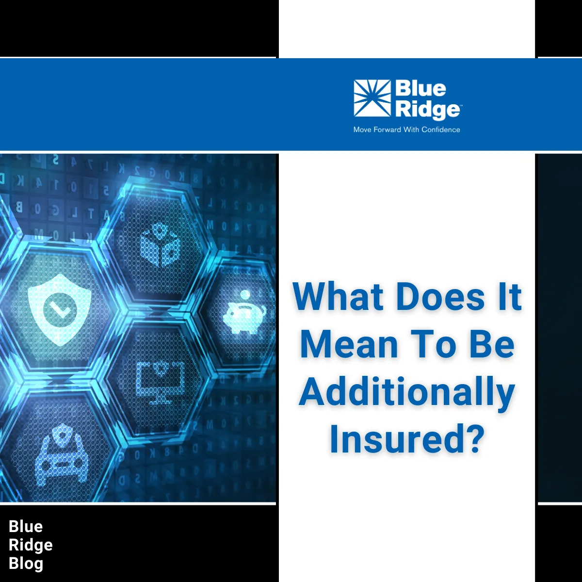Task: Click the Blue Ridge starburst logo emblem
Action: pos(372,98)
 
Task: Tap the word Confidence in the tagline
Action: pos(440,129)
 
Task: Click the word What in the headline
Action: pos(339,297)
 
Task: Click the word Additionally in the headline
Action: pos(406,392)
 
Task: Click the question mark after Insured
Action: pos(472,438)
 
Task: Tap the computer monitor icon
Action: pos(161,381)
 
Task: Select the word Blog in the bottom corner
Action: pos(26,564)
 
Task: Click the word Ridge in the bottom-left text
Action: pos(31,545)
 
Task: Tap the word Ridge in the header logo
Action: pos(427,110)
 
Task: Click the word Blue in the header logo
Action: pos(420,89)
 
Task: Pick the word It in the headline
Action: pos(508,297)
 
